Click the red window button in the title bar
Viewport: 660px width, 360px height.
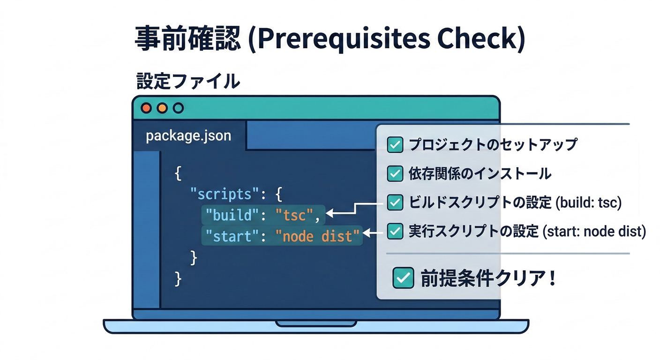[147, 108]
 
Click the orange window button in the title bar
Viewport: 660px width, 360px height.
[162, 108]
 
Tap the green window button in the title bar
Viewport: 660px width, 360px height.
[178, 108]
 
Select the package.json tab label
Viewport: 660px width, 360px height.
[188, 136]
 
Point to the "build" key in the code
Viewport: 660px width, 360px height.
[232, 215]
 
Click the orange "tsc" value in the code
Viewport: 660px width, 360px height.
[294, 215]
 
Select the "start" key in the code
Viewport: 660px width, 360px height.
[232, 236]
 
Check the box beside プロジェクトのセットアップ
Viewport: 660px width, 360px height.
[395, 145]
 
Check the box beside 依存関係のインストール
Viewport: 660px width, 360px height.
[395, 173]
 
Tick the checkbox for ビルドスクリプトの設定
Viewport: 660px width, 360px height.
[395, 202]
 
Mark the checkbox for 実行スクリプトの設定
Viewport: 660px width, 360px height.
[395, 231]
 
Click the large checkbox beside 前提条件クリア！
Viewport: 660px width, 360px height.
[403, 277]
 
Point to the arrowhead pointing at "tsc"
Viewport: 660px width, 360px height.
[330, 213]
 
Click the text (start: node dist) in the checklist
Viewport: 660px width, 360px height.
[594, 231]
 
